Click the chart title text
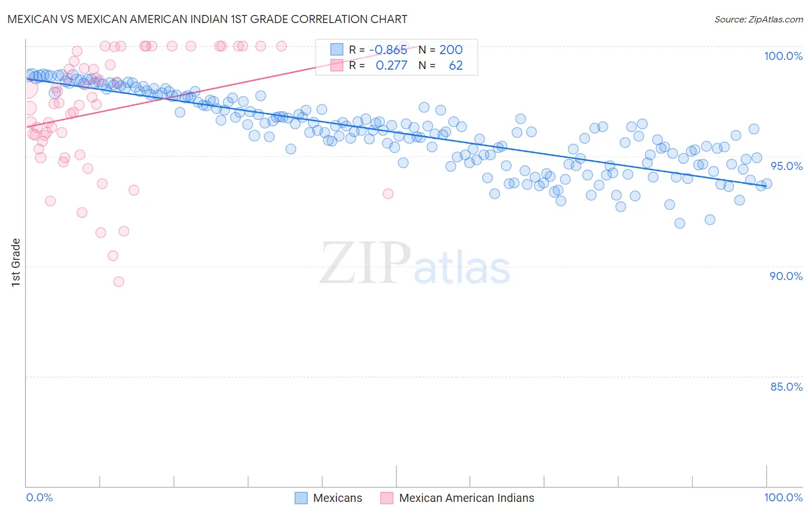pos(207,19)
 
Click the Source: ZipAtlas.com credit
pos(758,19)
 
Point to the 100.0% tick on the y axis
pos(783,56)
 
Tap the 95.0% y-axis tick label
pos(786,166)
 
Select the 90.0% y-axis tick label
pos(786,276)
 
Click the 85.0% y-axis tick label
pos(786,387)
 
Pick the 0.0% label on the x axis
pos(39,497)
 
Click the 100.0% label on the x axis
pos(783,497)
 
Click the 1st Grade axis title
pos(16,262)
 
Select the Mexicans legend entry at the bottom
pos(338,498)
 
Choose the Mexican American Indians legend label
pos(466,498)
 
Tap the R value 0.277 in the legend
pos(391,66)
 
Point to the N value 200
pos(451,50)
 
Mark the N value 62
pos(455,66)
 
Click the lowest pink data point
pos(119,282)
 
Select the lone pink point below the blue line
pos(388,194)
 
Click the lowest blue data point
pos(680,224)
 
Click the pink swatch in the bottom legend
pos(387,498)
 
